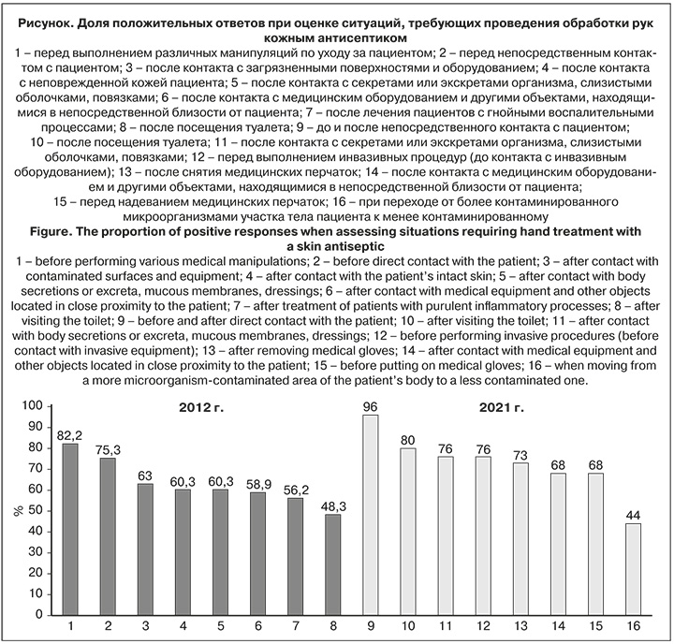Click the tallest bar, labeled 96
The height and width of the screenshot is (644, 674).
tap(371, 515)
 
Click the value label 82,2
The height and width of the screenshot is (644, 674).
tap(69, 434)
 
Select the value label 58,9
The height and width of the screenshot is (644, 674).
tap(256, 483)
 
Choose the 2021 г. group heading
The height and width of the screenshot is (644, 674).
tap(501, 409)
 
